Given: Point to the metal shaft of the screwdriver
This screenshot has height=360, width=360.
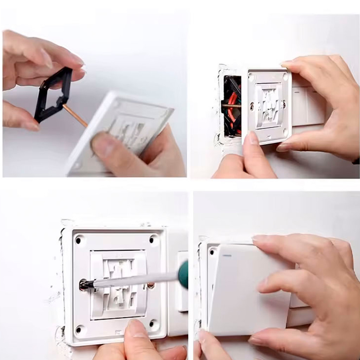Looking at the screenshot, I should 134,280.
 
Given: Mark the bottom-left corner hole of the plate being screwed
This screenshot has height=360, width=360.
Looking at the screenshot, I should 78,330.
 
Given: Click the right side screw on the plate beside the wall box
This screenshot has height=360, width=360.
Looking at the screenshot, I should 284,104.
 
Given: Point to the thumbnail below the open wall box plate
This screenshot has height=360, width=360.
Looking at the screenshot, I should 252,138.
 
